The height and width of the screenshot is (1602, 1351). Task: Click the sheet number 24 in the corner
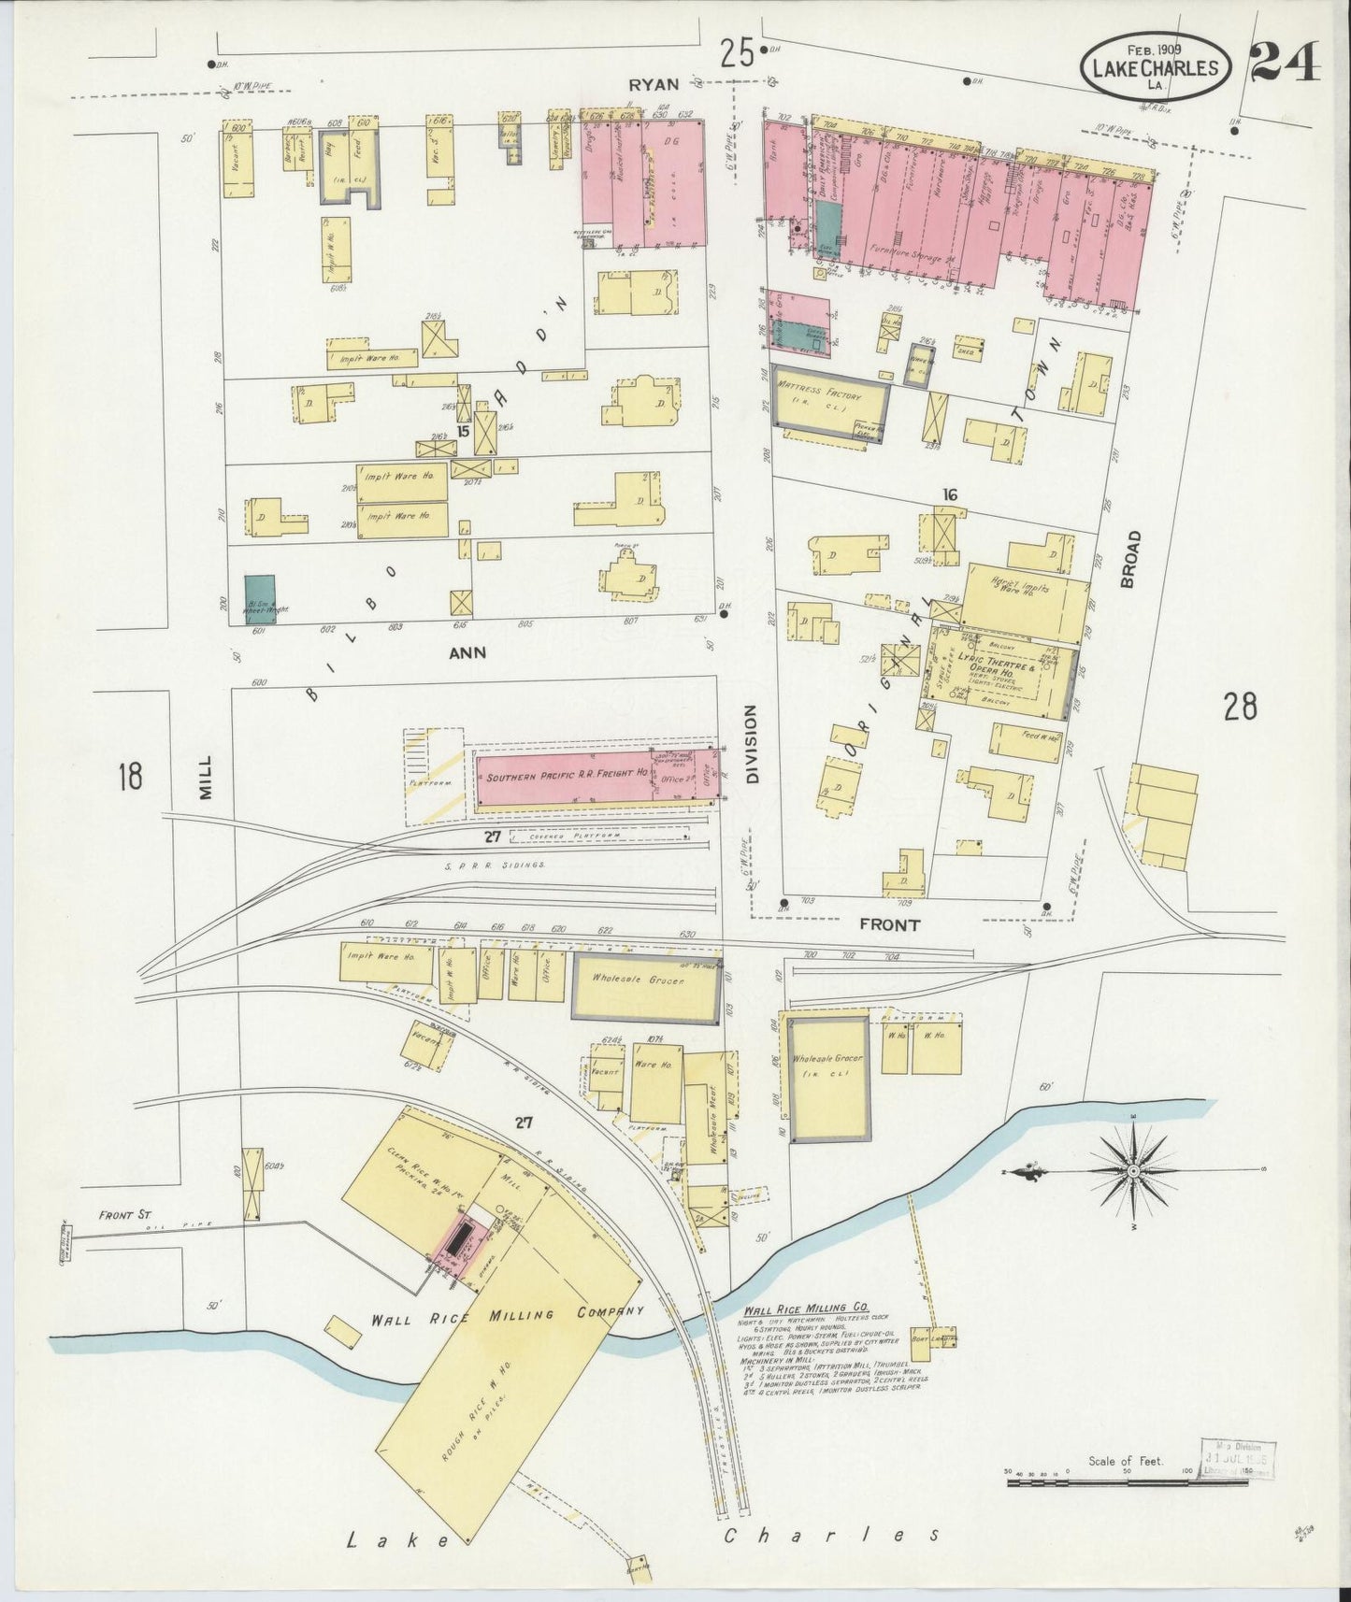click(x=1285, y=63)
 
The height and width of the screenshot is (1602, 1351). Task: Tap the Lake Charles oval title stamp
click(x=1156, y=67)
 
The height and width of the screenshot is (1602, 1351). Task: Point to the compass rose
click(x=1132, y=1170)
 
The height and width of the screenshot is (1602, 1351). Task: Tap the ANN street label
click(x=467, y=653)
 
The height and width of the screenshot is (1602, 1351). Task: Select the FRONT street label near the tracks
click(x=889, y=924)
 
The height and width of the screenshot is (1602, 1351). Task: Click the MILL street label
click(x=206, y=777)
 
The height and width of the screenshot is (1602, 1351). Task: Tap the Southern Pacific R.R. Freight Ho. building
click(x=566, y=777)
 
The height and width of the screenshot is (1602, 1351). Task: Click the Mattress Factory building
click(x=826, y=402)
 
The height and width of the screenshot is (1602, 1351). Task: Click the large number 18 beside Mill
click(x=129, y=776)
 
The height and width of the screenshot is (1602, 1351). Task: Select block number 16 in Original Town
click(x=950, y=494)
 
